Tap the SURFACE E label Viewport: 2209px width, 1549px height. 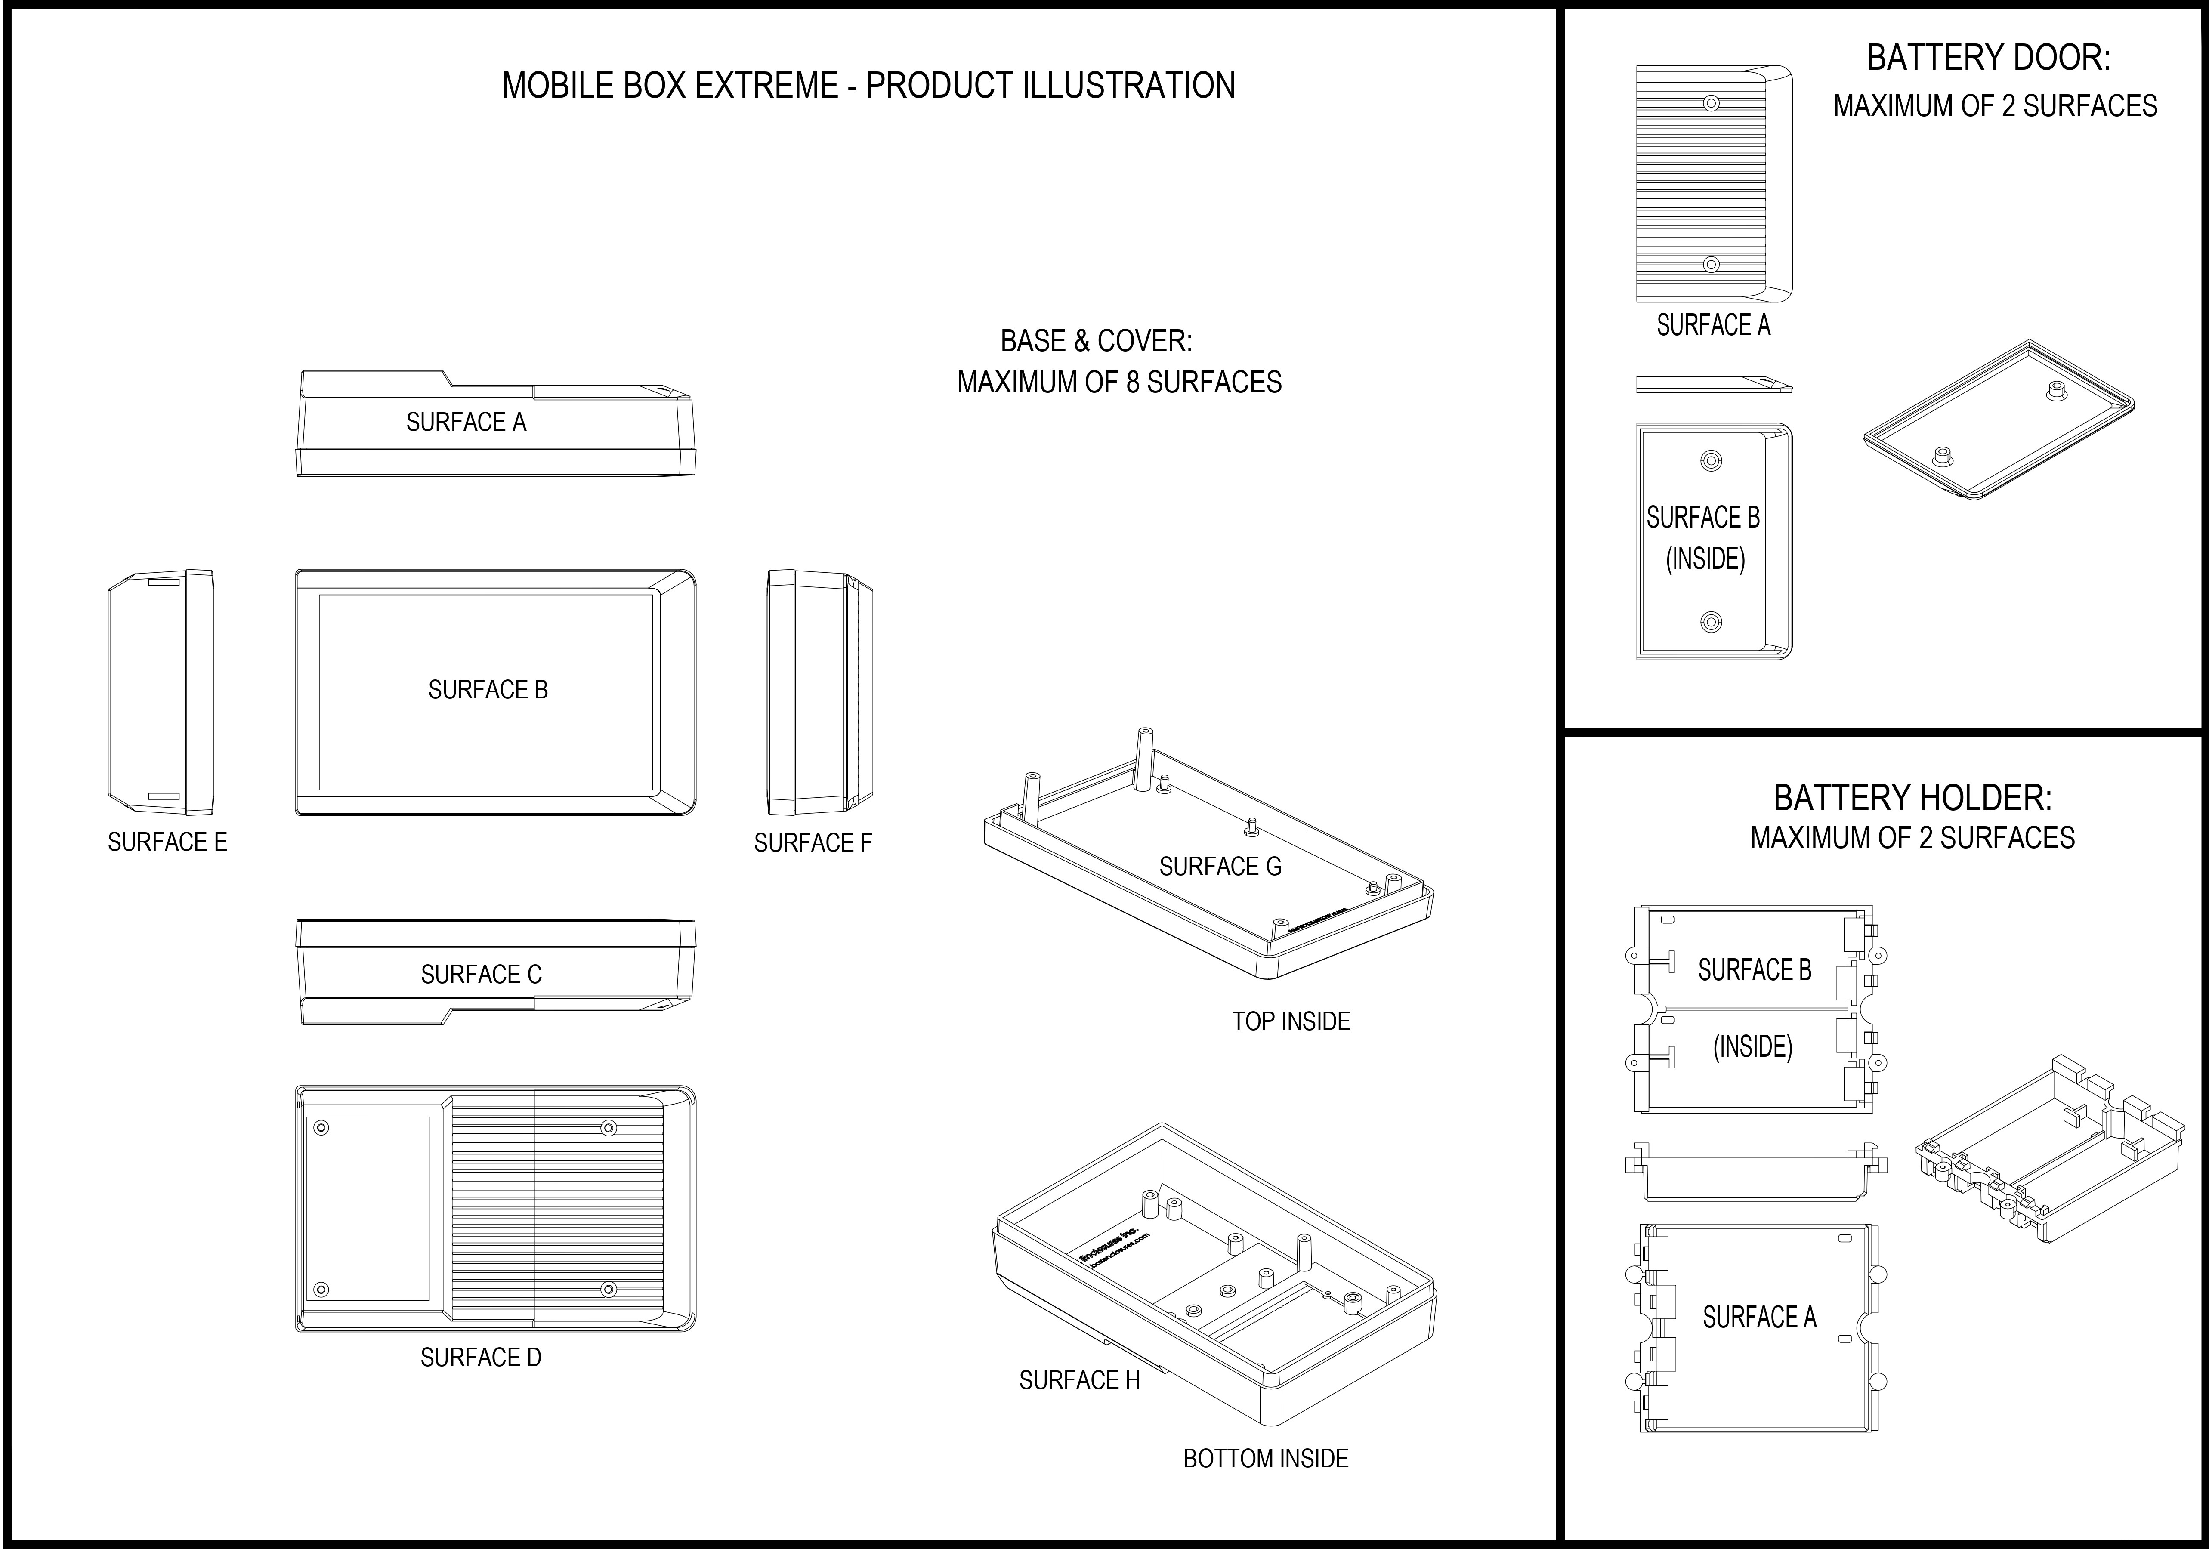167,842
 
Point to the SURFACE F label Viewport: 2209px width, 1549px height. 813,843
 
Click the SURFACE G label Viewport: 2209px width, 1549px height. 1220,867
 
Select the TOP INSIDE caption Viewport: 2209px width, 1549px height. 1291,1021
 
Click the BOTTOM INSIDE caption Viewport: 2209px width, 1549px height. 1265,1459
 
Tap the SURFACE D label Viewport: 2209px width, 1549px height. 481,1358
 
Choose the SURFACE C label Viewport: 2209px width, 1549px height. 481,975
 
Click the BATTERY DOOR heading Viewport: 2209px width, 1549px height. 1989,58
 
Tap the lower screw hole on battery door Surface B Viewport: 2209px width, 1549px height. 1711,623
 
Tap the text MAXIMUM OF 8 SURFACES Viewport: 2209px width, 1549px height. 1119,382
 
